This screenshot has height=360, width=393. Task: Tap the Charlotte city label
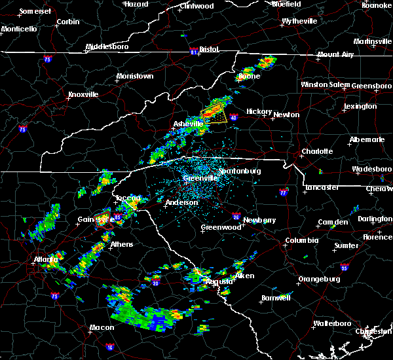pyautogui.click(x=317, y=151)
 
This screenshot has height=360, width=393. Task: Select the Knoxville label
pyautogui.click(x=83, y=94)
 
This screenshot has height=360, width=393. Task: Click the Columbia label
pyautogui.click(x=301, y=240)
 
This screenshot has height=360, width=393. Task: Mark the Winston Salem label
pyautogui.click(x=326, y=84)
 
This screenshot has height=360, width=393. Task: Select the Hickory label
pyautogui.click(x=259, y=112)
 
